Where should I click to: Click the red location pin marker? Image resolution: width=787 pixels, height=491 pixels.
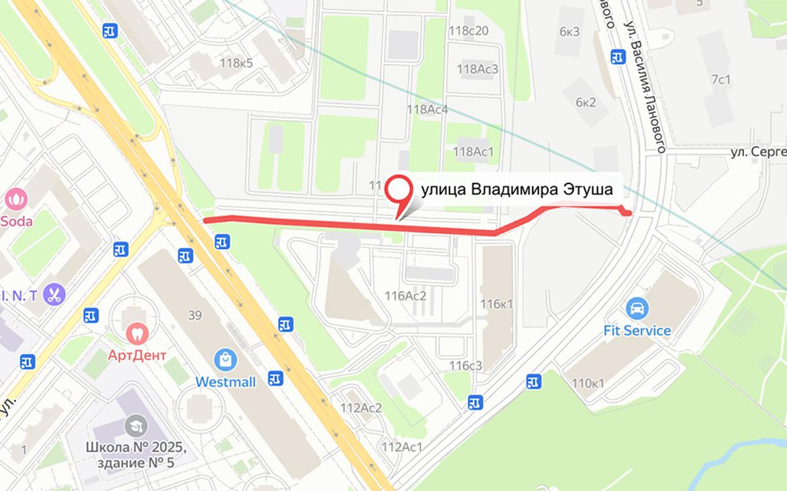(x=401, y=191)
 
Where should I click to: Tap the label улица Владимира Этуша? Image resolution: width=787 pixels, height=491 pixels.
(x=516, y=190)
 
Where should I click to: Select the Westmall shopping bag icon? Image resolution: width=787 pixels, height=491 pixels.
(x=226, y=360)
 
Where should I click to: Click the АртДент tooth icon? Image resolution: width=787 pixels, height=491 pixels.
(x=137, y=331)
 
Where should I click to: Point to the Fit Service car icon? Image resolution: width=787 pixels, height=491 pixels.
(x=637, y=309)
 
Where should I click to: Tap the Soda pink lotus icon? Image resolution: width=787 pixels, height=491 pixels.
(x=15, y=199)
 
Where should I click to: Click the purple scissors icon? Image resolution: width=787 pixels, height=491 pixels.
(x=54, y=294)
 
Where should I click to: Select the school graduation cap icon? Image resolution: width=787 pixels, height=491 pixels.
(x=136, y=426)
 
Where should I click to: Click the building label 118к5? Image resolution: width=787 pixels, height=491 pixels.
(x=236, y=63)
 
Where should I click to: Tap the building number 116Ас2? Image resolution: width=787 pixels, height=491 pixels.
(x=406, y=295)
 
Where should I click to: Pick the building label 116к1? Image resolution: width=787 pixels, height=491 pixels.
(x=496, y=304)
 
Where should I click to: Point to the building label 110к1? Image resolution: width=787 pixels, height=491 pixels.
(x=588, y=383)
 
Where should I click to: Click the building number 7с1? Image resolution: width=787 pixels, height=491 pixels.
(x=721, y=79)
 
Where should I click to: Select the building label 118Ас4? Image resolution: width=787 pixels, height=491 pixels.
(x=427, y=110)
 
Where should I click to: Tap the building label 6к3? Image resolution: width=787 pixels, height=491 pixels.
(x=569, y=32)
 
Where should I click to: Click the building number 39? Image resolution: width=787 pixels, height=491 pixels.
(x=195, y=315)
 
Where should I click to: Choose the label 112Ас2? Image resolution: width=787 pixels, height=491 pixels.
(x=361, y=407)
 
